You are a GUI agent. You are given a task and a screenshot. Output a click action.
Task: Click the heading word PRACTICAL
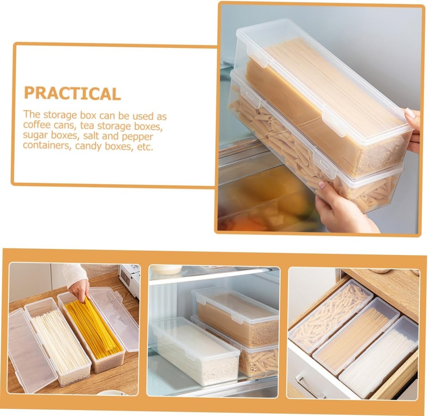pyautogui.click(x=72, y=92)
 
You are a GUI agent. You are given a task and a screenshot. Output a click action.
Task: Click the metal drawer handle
pyautogui.click(x=309, y=387)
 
